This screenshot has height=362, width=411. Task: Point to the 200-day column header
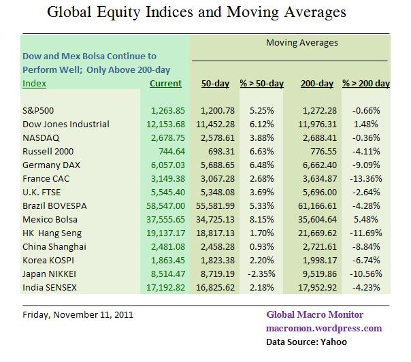click(316, 84)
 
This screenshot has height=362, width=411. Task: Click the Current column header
click(165, 84)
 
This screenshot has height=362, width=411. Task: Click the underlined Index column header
click(34, 84)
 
